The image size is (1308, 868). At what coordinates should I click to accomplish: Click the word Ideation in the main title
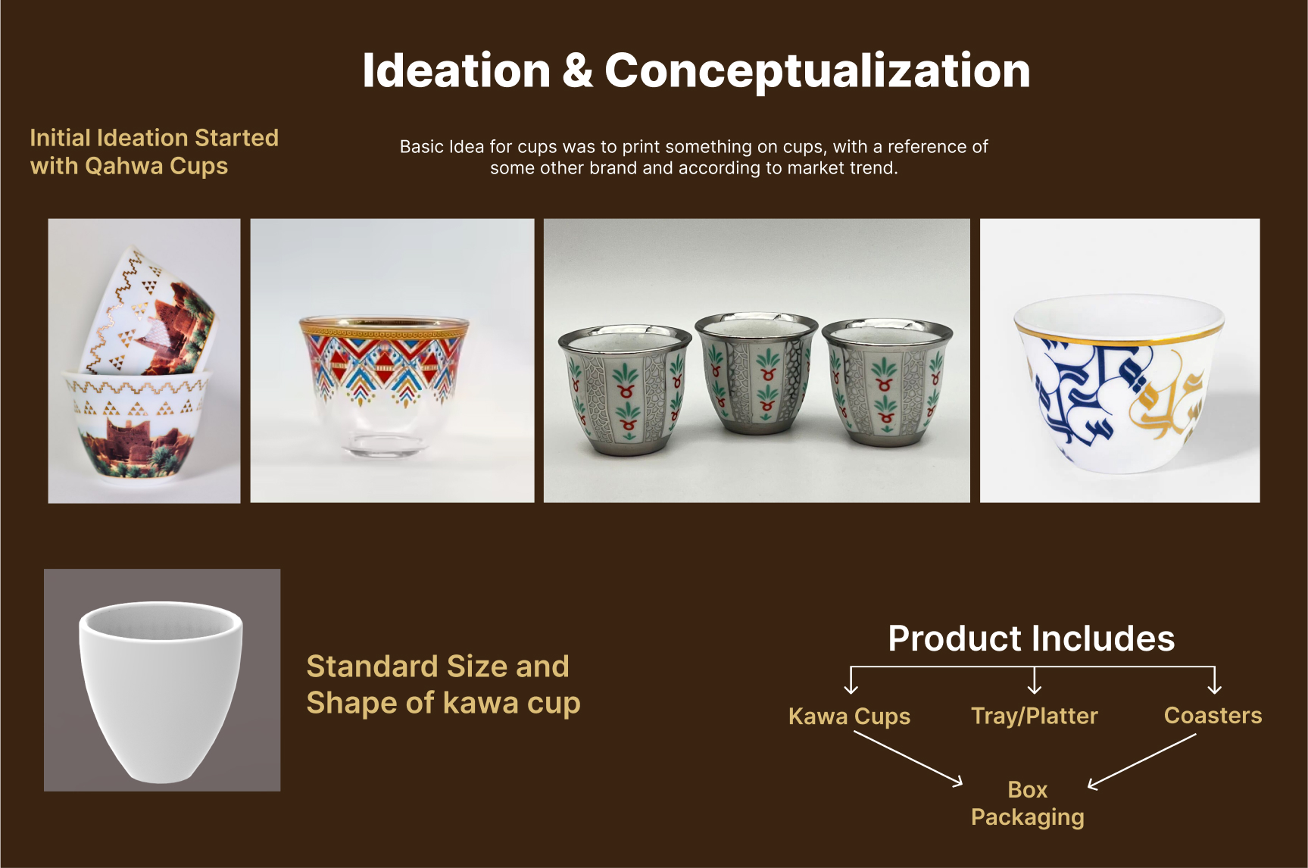click(456, 71)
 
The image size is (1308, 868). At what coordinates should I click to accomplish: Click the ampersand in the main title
click(577, 71)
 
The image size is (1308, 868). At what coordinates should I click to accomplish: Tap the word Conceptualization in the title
click(817, 71)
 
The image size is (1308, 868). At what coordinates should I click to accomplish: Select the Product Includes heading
click(1031, 639)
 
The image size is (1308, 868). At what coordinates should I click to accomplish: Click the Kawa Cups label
click(849, 716)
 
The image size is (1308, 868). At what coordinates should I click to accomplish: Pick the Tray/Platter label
click(1034, 716)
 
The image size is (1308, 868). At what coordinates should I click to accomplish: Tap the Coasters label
click(1213, 715)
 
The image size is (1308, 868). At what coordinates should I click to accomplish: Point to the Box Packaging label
click(1028, 803)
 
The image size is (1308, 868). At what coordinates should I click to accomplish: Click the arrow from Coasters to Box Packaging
click(1142, 761)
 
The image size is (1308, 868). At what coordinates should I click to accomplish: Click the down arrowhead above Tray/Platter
click(1035, 688)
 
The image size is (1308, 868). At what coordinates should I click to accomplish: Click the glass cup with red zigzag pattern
click(385, 383)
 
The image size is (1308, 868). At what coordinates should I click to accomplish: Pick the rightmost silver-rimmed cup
click(887, 382)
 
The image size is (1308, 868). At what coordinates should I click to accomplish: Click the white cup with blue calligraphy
click(1119, 382)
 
